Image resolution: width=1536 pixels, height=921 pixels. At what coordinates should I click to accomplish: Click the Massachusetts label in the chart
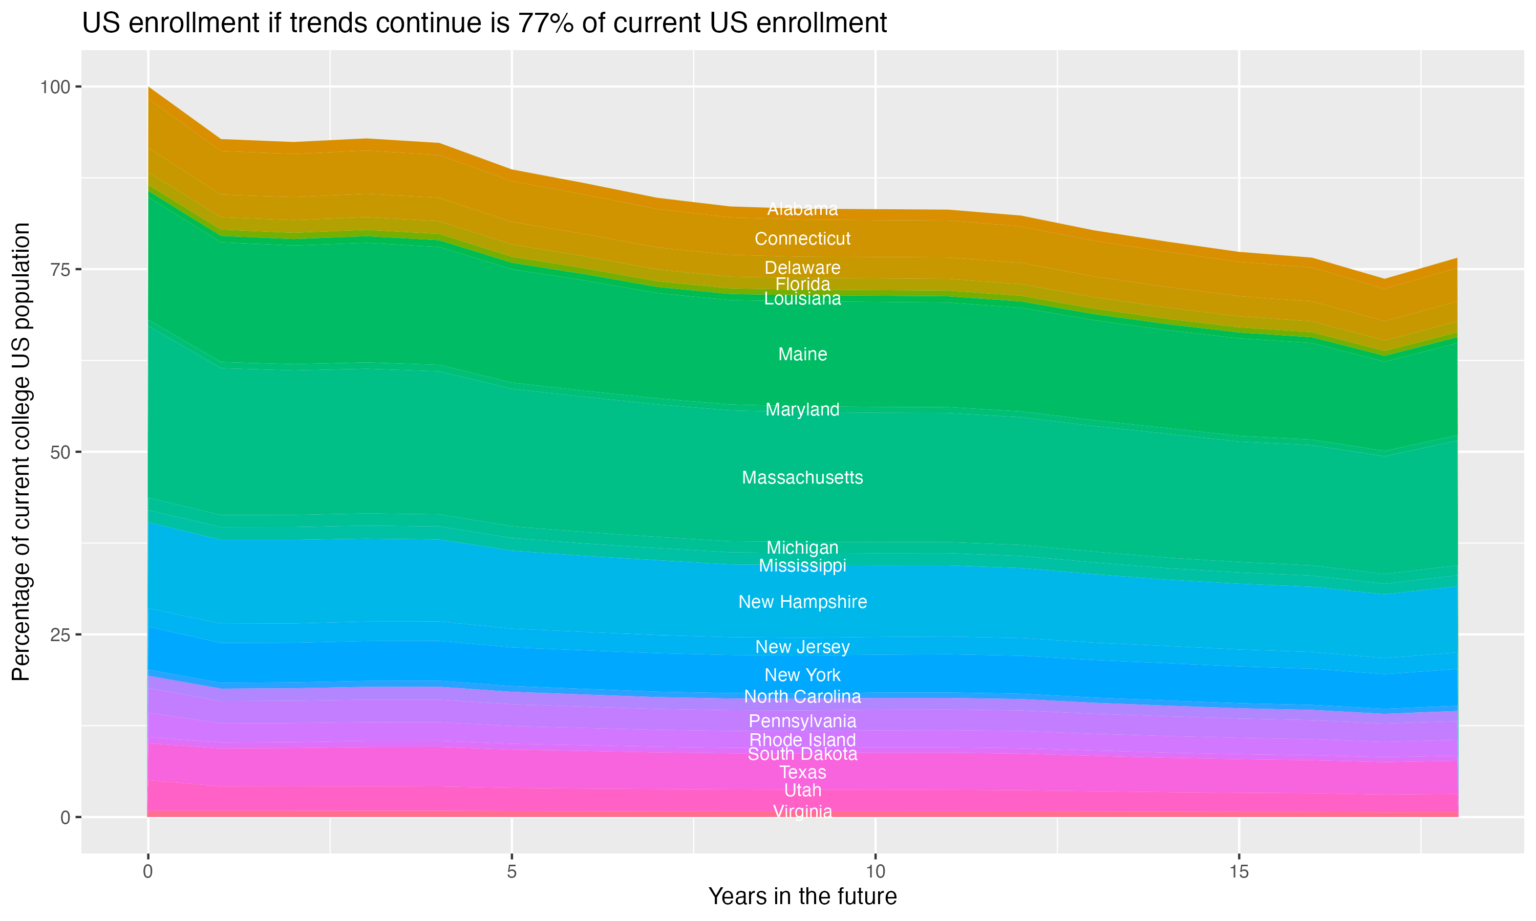(802, 478)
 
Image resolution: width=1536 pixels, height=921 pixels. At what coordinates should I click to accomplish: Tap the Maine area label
(802, 355)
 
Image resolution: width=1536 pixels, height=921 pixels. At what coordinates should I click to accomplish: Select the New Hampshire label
(802, 602)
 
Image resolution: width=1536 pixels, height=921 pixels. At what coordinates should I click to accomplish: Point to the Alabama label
(802, 209)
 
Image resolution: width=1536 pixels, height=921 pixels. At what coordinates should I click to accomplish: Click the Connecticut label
(802, 238)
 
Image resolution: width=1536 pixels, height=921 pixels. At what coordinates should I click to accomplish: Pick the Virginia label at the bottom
(802, 811)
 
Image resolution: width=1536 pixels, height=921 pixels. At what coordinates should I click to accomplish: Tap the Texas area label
(802, 772)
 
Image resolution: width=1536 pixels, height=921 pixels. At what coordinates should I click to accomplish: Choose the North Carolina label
(802, 696)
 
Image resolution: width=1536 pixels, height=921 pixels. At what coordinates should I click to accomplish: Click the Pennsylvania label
(802, 721)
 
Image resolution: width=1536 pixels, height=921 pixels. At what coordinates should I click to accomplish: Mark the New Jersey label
(802, 647)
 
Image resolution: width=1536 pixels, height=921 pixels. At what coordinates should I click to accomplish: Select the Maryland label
(802, 410)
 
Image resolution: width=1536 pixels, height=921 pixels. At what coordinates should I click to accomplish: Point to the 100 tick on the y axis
(55, 87)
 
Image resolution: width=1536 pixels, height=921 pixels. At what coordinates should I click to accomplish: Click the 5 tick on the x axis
(511, 872)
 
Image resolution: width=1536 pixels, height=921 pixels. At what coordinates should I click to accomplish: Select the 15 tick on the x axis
(1239, 872)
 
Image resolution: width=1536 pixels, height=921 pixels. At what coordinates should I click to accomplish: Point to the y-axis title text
(21, 452)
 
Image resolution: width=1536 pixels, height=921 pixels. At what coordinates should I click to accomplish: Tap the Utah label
(802, 791)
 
